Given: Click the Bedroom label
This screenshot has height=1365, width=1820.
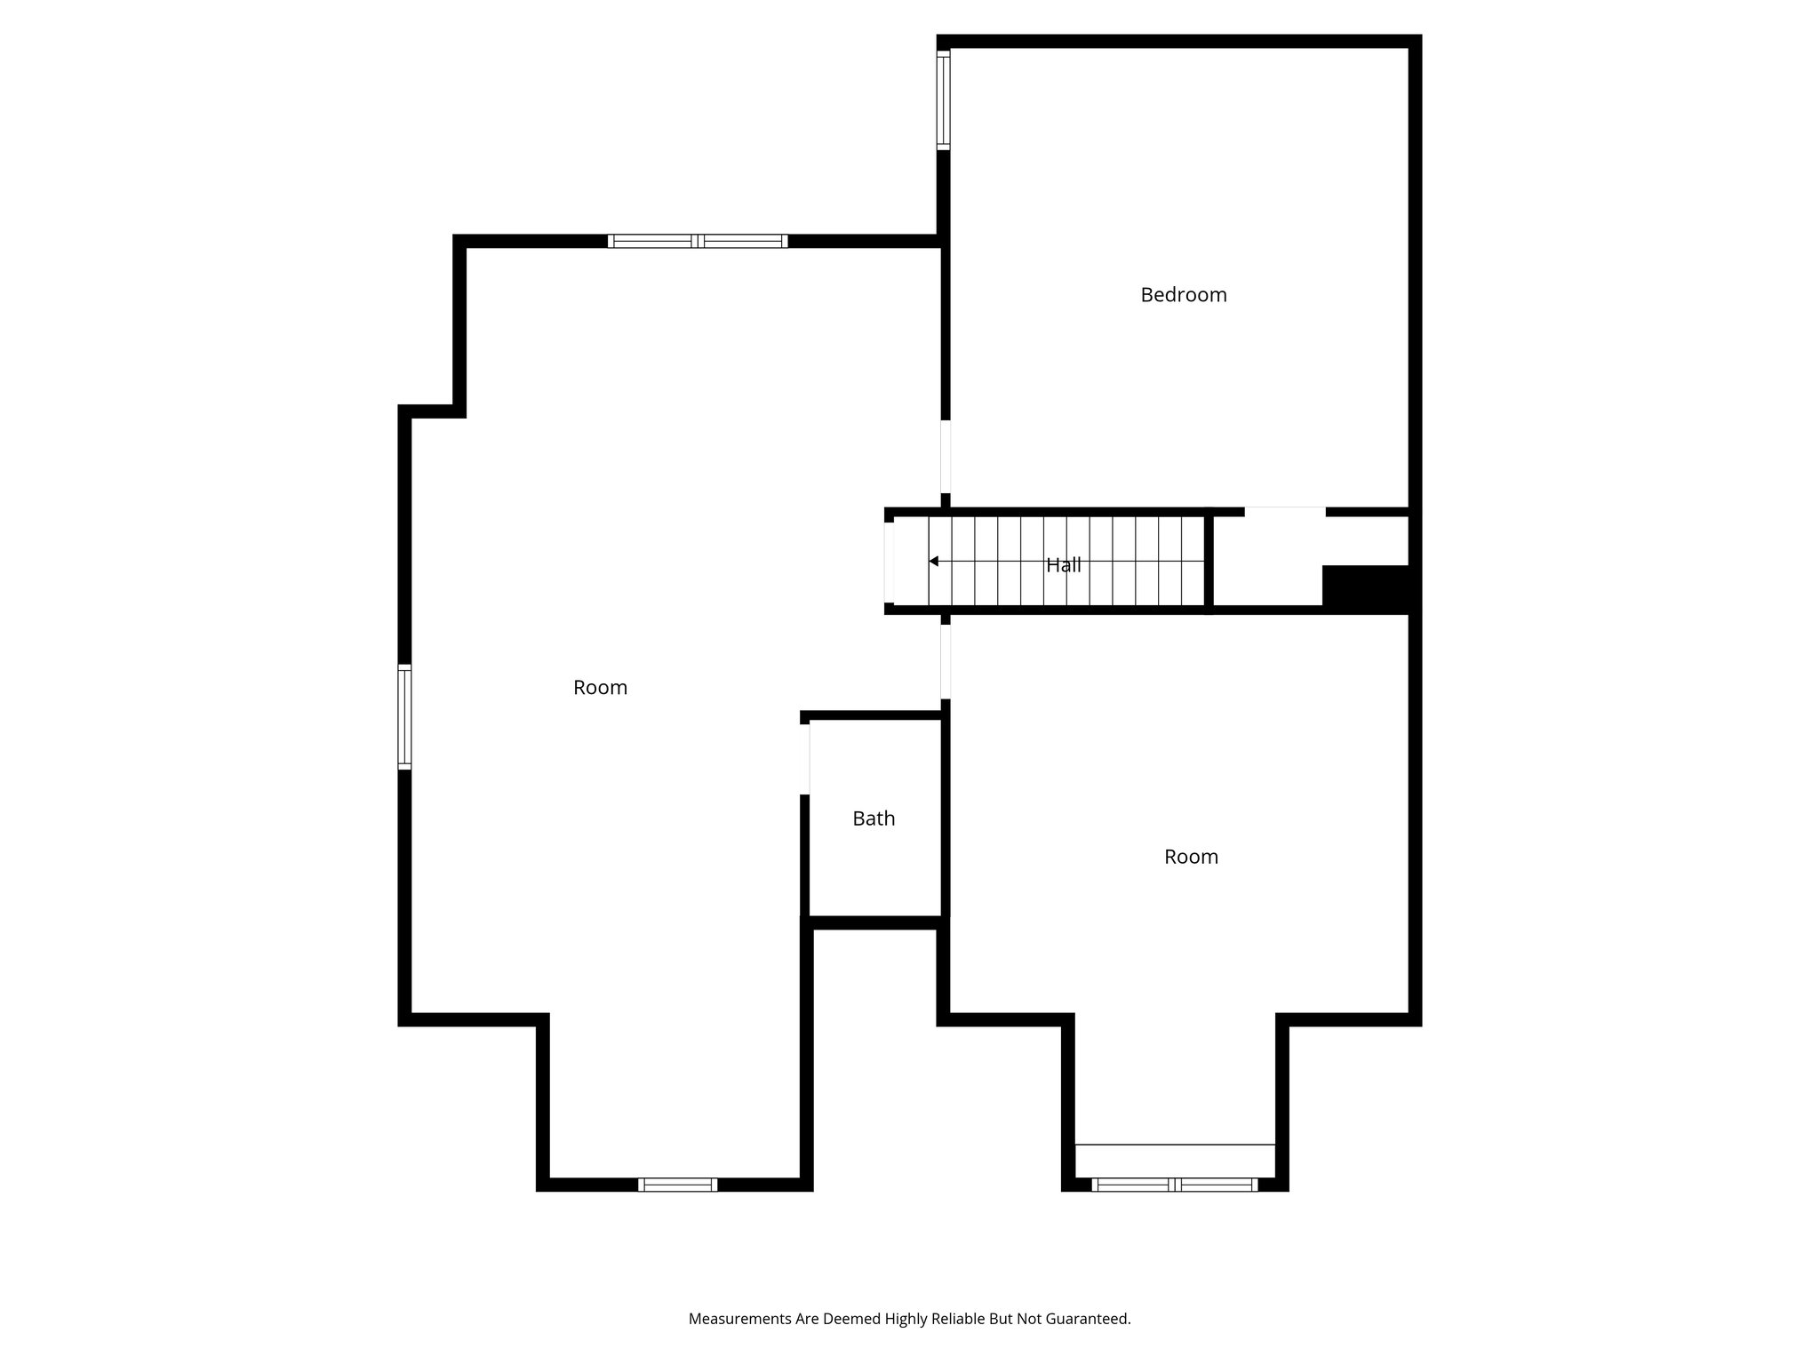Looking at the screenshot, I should tap(1183, 295).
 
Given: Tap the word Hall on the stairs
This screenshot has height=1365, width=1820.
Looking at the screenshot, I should tap(1063, 565).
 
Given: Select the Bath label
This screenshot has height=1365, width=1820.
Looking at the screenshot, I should tap(874, 818).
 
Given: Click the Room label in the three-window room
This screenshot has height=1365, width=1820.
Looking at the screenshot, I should tap(600, 688).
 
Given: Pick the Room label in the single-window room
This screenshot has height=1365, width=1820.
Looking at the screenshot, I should tap(1191, 857).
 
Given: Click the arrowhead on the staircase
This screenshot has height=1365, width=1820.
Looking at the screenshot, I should tap(933, 562).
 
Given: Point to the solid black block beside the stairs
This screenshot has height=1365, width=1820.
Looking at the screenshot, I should tap(1366, 588).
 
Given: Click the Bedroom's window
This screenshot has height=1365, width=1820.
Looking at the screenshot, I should tap(943, 98).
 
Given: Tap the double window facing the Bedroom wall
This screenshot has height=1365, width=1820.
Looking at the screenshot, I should tap(698, 241).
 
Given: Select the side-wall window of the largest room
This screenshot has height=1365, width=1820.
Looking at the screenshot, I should tap(404, 716).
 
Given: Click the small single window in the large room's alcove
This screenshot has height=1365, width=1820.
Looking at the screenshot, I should tap(677, 1185).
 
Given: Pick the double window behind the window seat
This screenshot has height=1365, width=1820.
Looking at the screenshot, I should tap(1174, 1185).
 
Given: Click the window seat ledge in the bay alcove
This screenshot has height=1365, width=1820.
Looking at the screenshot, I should tap(1174, 1160).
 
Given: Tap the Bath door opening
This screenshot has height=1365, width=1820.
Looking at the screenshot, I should tap(805, 758).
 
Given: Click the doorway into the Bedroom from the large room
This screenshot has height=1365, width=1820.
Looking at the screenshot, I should tap(946, 456).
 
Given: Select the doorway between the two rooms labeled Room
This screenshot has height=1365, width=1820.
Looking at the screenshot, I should tap(946, 661).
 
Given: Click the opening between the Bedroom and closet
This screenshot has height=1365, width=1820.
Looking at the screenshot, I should tap(1284, 512).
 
